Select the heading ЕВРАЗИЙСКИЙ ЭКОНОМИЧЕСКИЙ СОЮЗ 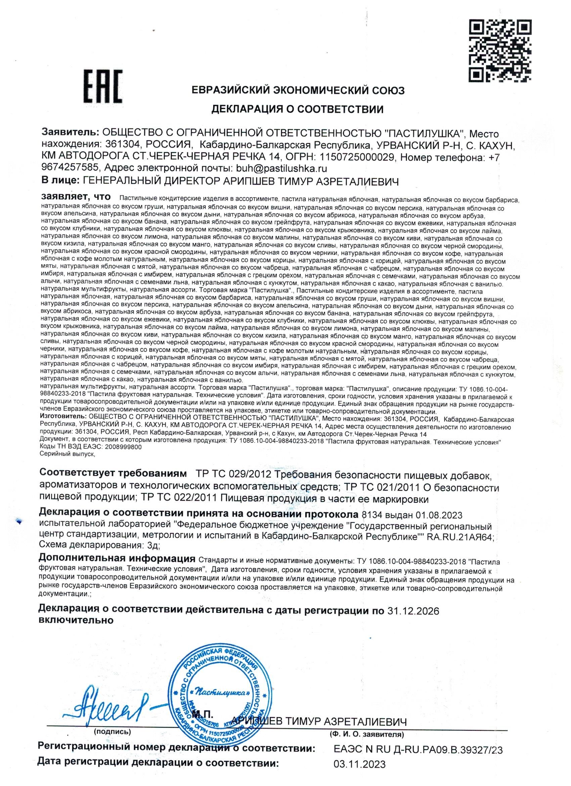pyautogui.click(x=298, y=91)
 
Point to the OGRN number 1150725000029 pyautogui.click(x=358, y=157)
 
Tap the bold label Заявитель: pyautogui.click(x=70, y=133)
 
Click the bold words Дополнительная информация pyautogui.click(x=117, y=559)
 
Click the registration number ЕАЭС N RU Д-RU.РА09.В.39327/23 pyautogui.click(x=418, y=747)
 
